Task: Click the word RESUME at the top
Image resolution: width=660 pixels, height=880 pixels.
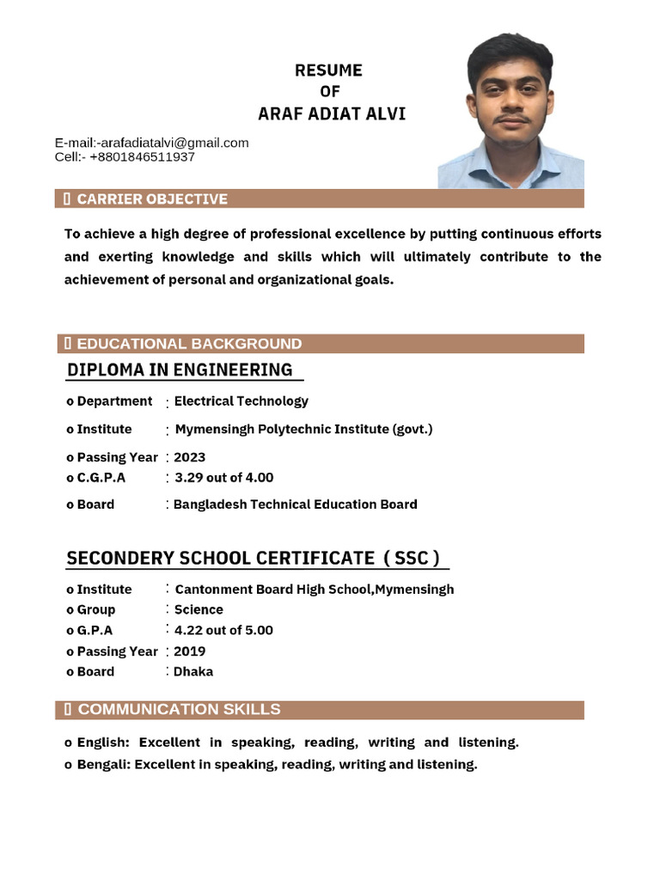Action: tap(328, 70)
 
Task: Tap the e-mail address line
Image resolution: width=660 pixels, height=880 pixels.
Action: tap(152, 143)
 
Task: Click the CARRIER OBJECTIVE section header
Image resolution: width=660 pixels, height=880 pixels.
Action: tap(152, 199)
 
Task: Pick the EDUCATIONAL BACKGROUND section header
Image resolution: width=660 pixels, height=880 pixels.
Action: tap(189, 344)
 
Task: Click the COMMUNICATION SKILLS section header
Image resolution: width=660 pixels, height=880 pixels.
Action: tap(179, 709)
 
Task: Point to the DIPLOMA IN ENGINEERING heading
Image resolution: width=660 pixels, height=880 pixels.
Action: tap(180, 370)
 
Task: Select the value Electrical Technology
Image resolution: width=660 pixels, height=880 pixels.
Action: tap(241, 401)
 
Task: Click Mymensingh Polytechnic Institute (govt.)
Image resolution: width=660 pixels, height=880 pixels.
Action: tap(303, 429)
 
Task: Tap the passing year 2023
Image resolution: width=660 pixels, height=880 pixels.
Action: tap(190, 457)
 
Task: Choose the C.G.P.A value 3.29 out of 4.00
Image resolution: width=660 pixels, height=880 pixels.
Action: tap(223, 477)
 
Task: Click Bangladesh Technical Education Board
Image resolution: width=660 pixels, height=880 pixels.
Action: tap(295, 504)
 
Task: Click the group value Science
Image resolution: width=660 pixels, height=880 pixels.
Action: tap(199, 609)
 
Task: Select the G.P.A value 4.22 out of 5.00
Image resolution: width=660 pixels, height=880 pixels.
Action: tap(223, 630)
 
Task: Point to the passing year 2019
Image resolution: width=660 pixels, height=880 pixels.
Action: tap(190, 651)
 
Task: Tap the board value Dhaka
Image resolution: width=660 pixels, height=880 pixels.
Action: tap(193, 671)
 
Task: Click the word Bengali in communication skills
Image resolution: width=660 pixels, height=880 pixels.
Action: tap(102, 764)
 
